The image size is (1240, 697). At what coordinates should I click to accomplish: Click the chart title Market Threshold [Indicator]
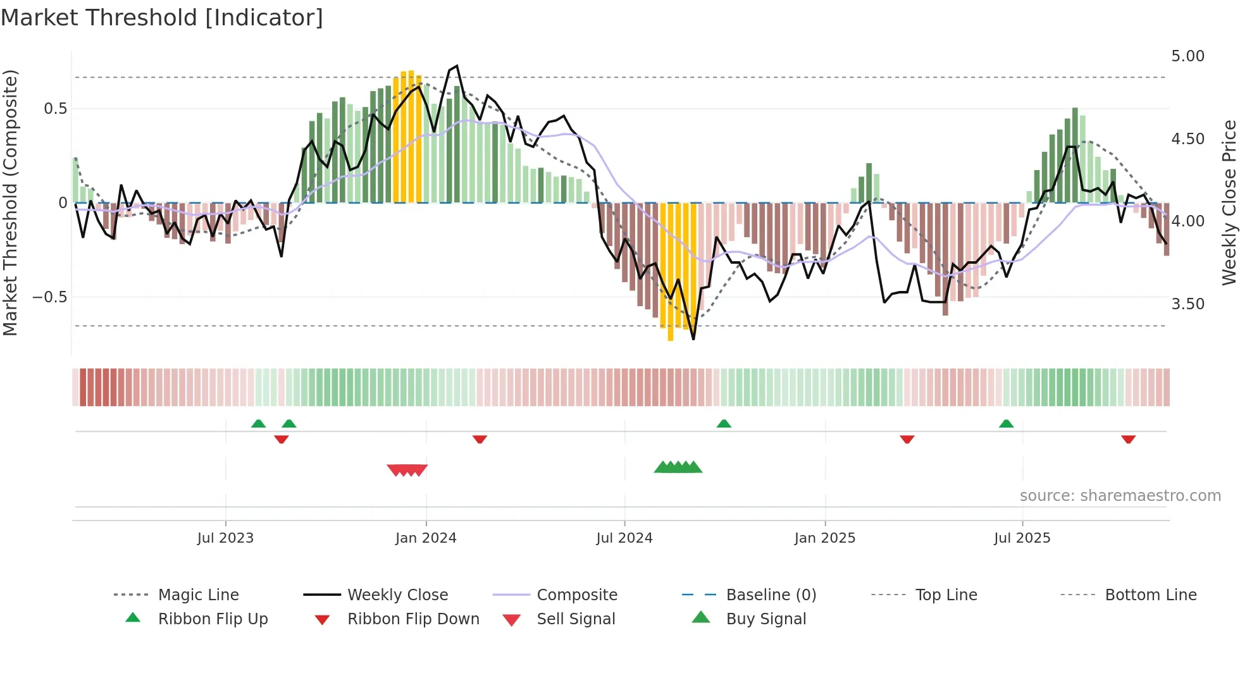[x=162, y=18]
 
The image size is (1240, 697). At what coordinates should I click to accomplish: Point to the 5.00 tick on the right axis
[x=1187, y=56]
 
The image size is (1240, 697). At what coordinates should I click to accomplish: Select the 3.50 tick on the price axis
[x=1187, y=304]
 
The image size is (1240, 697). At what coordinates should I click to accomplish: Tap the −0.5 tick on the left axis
[x=49, y=297]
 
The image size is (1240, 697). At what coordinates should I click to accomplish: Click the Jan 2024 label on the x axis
[x=426, y=538]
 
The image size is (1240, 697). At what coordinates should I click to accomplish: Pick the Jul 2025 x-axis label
[x=1022, y=538]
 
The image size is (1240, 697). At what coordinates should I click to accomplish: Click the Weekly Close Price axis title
[x=1229, y=202]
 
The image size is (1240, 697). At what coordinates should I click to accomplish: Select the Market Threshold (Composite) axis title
[x=10, y=202]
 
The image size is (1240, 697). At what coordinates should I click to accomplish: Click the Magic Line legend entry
[x=198, y=595]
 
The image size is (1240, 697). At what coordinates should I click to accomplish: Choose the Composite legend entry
[x=576, y=595]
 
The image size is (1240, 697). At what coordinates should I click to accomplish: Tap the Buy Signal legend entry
[x=766, y=619]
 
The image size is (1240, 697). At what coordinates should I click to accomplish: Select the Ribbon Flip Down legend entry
[x=413, y=619]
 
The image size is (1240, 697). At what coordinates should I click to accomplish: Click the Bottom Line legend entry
[x=1150, y=595]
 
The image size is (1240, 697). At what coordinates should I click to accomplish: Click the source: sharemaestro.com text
[x=1120, y=496]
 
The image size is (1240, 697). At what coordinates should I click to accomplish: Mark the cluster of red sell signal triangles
[x=407, y=470]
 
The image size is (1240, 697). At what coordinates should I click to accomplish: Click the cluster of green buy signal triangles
[x=678, y=467]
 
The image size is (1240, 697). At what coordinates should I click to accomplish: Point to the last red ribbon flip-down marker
[x=1128, y=439]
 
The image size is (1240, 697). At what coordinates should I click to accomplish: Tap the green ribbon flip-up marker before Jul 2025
[x=1006, y=424]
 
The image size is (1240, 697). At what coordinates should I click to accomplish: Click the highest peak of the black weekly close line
[x=457, y=66]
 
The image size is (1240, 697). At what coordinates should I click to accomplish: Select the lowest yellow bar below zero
[x=671, y=335]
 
